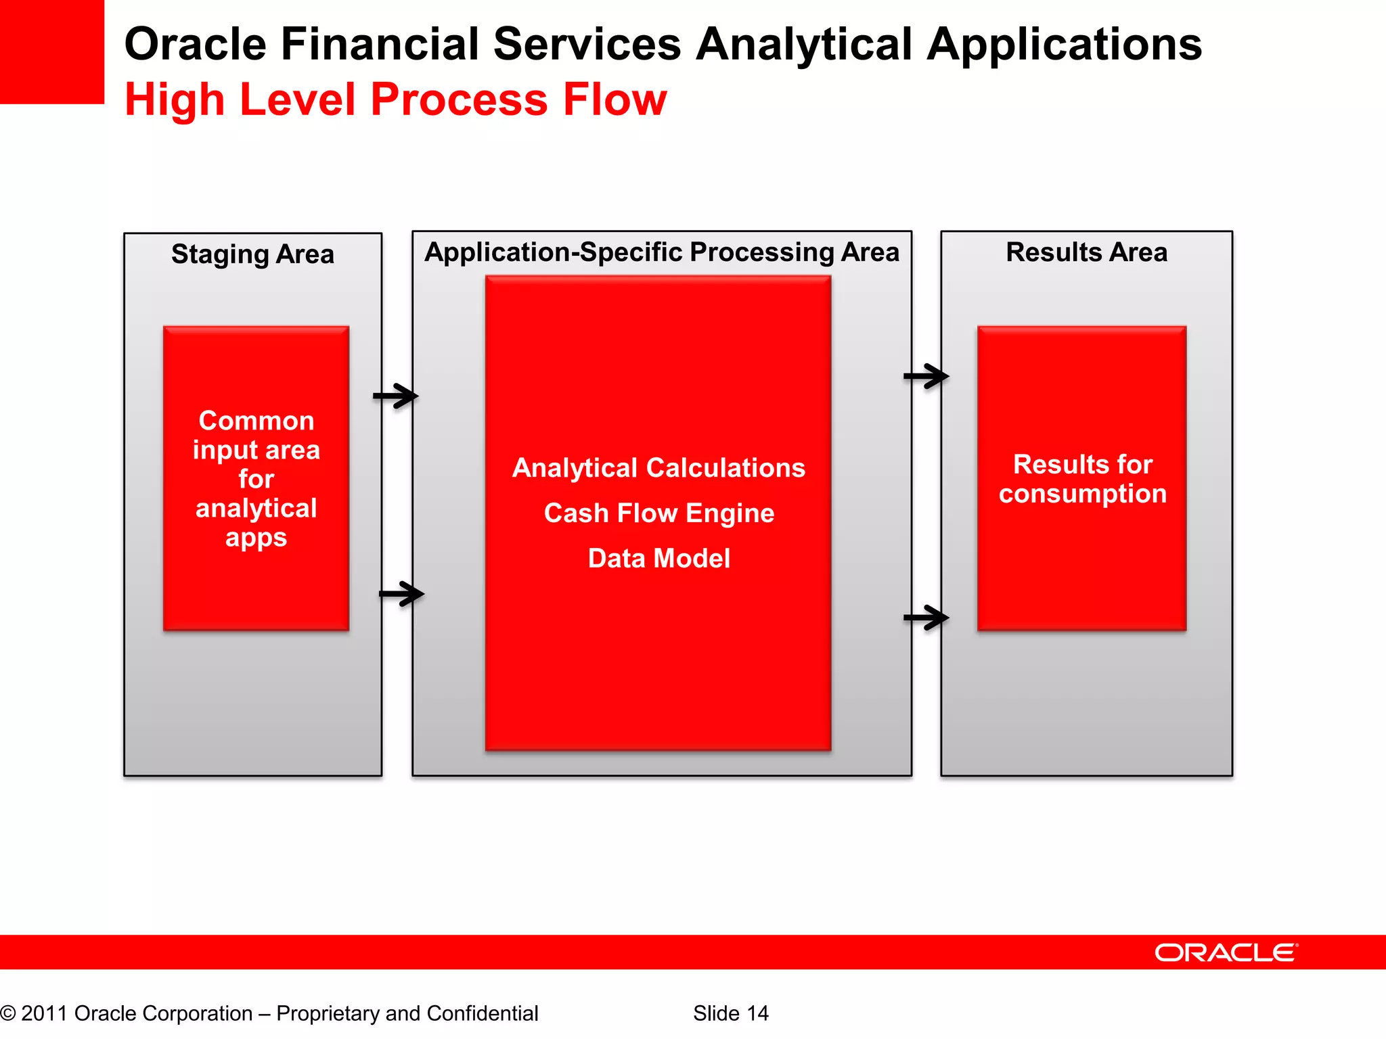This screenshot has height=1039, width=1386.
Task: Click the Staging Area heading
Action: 252,255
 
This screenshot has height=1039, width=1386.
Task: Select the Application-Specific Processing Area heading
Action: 661,252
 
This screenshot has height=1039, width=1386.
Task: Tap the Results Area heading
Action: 1086,252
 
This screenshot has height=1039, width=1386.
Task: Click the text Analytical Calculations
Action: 658,468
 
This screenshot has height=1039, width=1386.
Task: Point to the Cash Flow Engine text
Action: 658,513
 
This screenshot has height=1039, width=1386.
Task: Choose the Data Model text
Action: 658,559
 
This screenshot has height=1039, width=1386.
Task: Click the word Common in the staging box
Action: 256,421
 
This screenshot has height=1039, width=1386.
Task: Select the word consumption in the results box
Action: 1082,494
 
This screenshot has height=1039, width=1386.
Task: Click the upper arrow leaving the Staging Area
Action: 397,396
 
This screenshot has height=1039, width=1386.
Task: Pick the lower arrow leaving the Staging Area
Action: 402,595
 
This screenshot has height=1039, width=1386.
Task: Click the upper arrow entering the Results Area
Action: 926,376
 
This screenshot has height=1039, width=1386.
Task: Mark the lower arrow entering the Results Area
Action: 926,618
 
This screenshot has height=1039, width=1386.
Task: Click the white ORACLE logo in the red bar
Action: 1226,952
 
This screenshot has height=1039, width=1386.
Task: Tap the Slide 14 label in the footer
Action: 730,1013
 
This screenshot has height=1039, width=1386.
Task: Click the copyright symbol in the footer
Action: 7,1013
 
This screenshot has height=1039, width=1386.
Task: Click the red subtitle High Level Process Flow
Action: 396,99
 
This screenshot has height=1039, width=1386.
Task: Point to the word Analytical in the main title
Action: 805,45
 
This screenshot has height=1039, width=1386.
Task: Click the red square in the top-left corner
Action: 51,51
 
